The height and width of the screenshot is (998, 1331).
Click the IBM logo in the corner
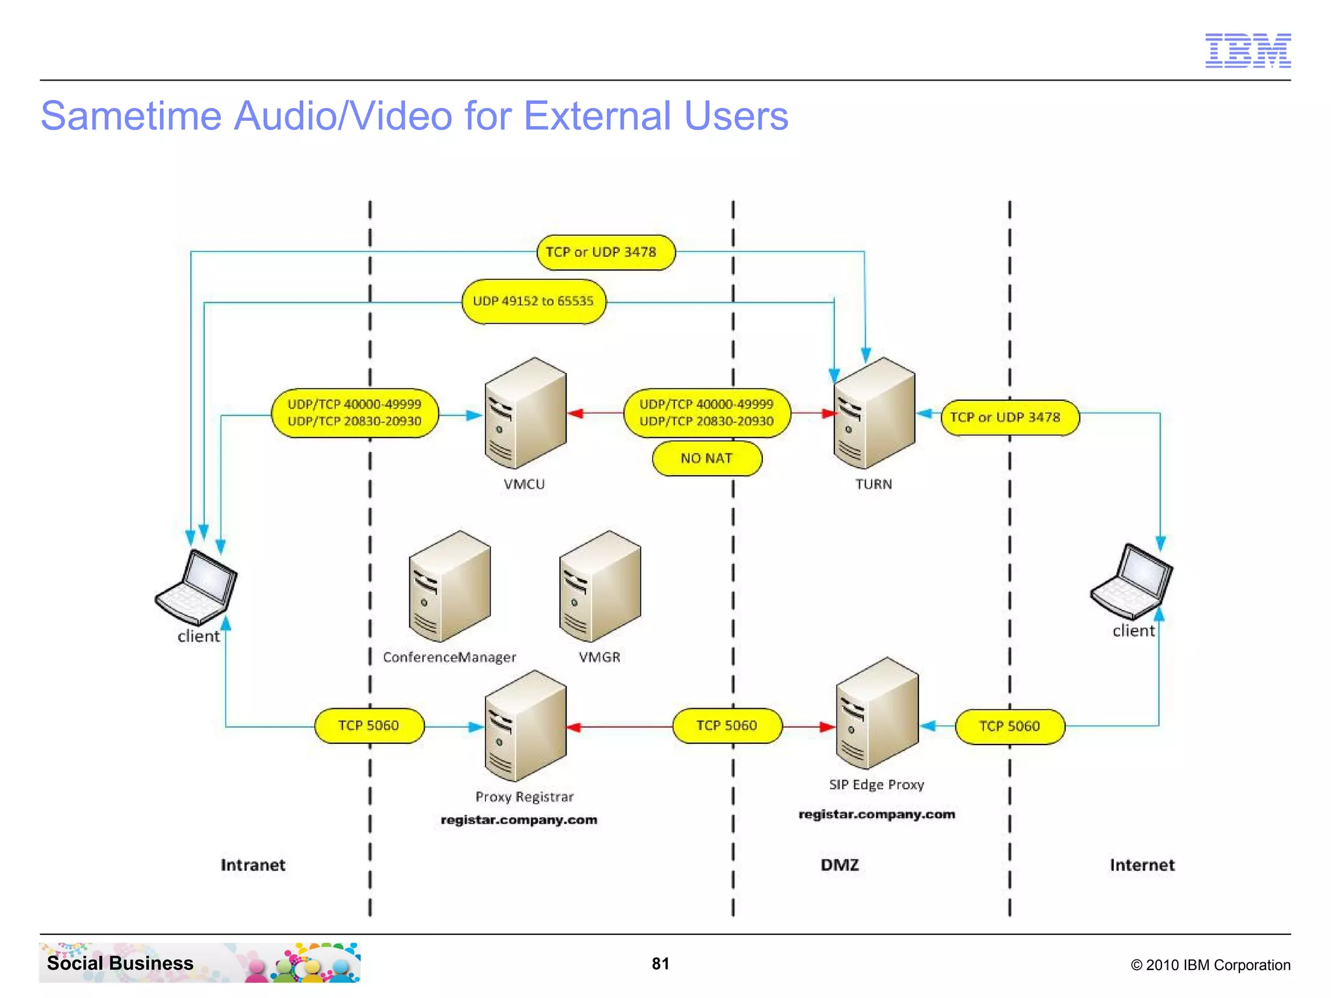pyautogui.click(x=1247, y=51)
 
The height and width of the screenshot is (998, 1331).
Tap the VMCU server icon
pyautogui.click(x=525, y=413)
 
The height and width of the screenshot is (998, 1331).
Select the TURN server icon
pyautogui.click(x=874, y=413)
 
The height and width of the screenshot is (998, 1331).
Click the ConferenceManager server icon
pyautogui.click(x=449, y=587)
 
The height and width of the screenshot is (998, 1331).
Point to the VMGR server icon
pyautogui.click(x=599, y=587)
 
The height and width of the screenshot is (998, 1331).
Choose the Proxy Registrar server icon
pyautogui.click(x=525, y=726)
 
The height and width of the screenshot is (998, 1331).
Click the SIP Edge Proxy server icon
pyautogui.click(x=877, y=713)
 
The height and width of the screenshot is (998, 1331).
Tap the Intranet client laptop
pyautogui.click(x=196, y=587)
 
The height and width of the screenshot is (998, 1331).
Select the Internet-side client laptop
pyautogui.click(x=1131, y=582)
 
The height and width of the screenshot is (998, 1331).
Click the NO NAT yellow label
pyautogui.click(x=706, y=459)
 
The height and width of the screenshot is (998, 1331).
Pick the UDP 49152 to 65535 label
pyautogui.click(x=534, y=301)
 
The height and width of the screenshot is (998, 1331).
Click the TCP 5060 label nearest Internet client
pyautogui.click(x=1009, y=726)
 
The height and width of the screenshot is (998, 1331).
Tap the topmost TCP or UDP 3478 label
pyautogui.click(x=605, y=252)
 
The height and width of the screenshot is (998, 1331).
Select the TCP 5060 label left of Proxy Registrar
pyautogui.click(x=368, y=726)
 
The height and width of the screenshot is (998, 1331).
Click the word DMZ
pyautogui.click(x=840, y=865)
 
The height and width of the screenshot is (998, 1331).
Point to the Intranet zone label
pyautogui.click(x=253, y=865)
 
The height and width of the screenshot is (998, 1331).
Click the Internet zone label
pyautogui.click(x=1142, y=865)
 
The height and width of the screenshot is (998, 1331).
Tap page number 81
pyautogui.click(x=660, y=964)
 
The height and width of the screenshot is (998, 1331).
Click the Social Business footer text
pyautogui.click(x=120, y=963)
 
